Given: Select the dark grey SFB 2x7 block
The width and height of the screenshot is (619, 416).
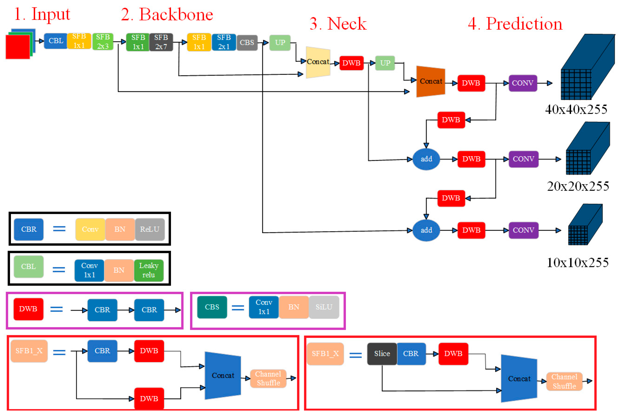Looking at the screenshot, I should click(x=161, y=42).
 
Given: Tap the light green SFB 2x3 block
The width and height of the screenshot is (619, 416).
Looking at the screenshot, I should click(x=103, y=41).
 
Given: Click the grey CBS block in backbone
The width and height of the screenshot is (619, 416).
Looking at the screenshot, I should click(x=247, y=42).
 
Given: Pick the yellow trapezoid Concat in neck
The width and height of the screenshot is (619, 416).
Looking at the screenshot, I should click(x=318, y=62).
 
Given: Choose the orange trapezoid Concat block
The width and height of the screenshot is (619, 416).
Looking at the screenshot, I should click(x=430, y=81).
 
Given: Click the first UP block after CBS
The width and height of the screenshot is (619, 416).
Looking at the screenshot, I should click(x=280, y=42).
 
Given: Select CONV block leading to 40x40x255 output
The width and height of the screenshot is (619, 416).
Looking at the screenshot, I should click(x=522, y=83).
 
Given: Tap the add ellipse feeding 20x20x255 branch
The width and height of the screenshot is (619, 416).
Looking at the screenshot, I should click(x=426, y=159).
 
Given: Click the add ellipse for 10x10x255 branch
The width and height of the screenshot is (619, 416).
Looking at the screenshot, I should click(x=426, y=230).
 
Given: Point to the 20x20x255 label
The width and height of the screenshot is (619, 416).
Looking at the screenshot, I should click(x=578, y=186).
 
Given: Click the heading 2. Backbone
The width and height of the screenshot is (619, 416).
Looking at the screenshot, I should click(x=167, y=14).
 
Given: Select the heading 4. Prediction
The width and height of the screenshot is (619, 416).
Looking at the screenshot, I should click(x=515, y=24).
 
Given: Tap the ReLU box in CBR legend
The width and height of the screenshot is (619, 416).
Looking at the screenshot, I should click(x=150, y=229).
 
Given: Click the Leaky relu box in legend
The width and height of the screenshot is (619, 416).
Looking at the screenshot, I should click(x=149, y=270).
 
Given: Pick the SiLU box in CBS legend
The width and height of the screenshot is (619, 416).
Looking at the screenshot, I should click(x=324, y=307).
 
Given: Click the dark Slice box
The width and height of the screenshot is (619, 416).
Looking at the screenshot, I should click(x=382, y=354).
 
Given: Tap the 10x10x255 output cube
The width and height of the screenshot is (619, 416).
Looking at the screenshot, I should click(x=584, y=225).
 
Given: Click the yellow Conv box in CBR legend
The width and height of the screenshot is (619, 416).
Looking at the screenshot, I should click(x=90, y=229).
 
